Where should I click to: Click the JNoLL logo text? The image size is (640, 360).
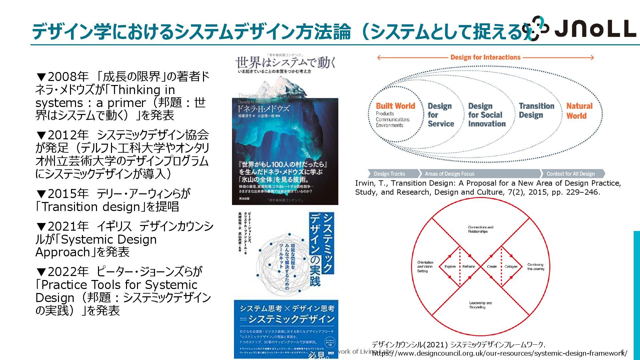point(595,29)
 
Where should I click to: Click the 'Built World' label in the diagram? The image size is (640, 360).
point(395,106)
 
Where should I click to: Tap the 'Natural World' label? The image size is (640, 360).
point(579,111)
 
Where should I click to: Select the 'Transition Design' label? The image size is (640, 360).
point(536,110)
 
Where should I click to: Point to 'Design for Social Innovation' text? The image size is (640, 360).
point(486,115)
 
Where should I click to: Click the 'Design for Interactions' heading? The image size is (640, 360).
point(485,57)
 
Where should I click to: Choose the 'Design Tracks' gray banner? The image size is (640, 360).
point(389,174)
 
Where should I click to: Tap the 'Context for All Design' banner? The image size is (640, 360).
point(570,174)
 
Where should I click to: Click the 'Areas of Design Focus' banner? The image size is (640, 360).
point(449,174)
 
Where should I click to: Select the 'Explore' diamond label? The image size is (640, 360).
point(450,267)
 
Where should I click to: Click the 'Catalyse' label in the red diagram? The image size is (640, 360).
point(511,267)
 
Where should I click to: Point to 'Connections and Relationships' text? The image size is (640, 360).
point(480,229)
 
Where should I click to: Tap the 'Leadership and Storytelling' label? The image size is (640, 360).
point(480,305)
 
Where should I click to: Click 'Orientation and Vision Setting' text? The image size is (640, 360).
point(425,267)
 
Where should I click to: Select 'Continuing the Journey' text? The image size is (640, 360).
point(536,267)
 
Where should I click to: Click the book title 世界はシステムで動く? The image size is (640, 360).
point(285,62)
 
